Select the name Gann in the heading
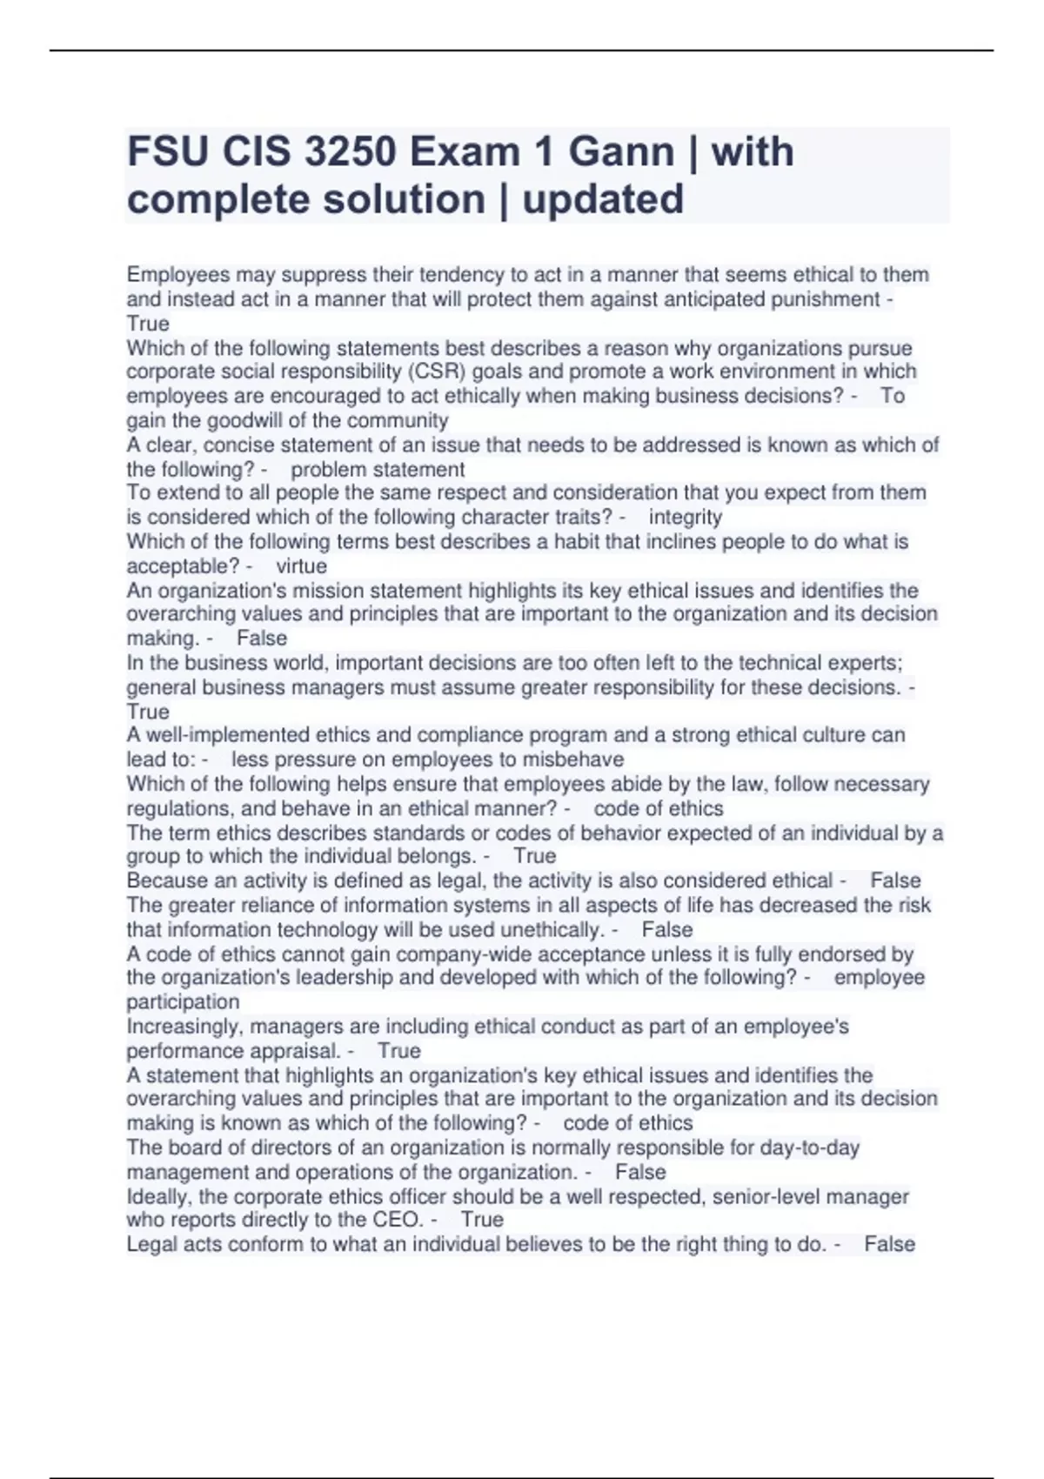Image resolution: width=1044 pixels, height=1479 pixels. [x=621, y=152]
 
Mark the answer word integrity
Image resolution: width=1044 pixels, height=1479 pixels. [x=686, y=518]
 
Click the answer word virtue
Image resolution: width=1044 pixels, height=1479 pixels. [x=301, y=566]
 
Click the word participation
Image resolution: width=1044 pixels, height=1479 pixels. [x=183, y=1002]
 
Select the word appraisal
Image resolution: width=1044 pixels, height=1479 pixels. [x=293, y=1051]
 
